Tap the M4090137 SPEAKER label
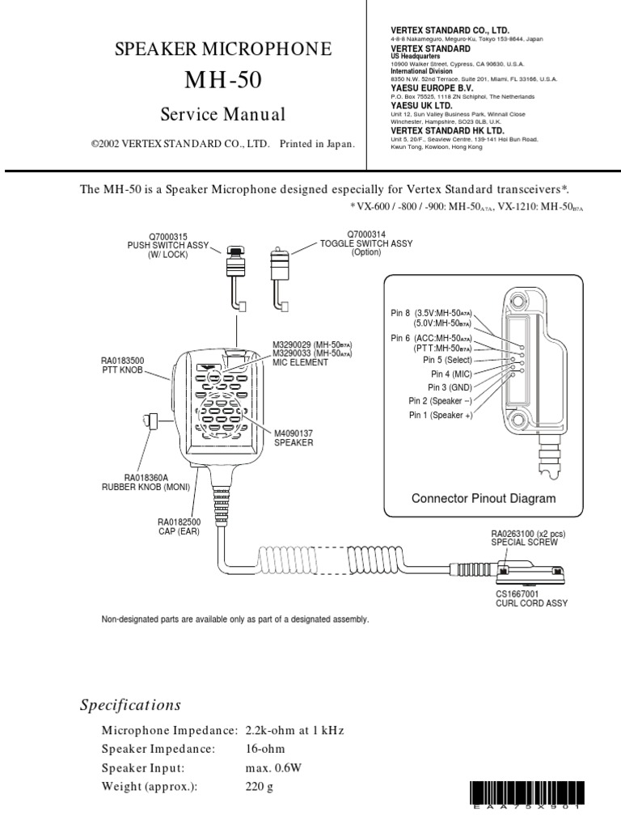coord(293,438)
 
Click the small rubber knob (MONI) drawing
coord(148,421)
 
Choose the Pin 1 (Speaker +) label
coord(441,415)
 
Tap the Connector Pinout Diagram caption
coord(484,498)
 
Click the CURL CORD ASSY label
coord(531,603)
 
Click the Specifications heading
coord(130,704)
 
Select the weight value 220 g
coord(260,786)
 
